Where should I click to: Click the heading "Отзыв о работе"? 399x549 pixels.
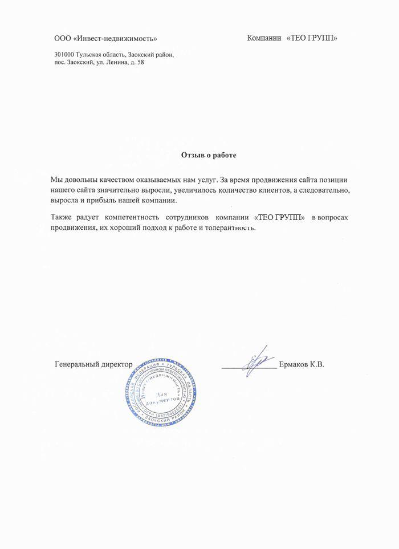click(x=208, y=154)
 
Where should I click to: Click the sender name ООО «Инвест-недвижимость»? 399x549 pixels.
click(x=105, y=39)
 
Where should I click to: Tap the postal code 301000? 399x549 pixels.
click(x=64, y=55)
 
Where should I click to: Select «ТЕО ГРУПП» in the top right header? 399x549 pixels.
click(x=312, y=38)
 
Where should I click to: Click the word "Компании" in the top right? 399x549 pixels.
click(x=264, y=38)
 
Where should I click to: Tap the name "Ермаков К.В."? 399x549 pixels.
click(x=302, y=364)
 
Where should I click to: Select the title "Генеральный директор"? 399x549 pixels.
click(x=93, y=364)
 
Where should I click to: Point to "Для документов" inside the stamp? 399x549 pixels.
click(x=167, y=398)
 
